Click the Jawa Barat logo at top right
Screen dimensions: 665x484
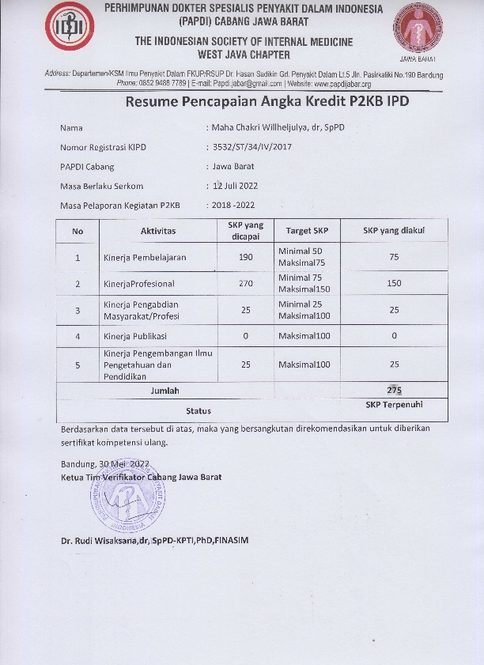click(x=418, y=32)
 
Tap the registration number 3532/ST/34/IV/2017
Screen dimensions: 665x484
click(x=251, y=147)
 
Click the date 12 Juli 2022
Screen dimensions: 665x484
click(x=235, y=186)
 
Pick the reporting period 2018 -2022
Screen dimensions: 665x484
click(x=233, y=206)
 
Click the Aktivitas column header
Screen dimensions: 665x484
click(x=158, y=231)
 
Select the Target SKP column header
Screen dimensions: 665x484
click(x=307, y=231)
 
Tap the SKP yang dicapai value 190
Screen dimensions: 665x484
click(x=245, y=258)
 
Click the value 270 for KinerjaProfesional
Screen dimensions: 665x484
click(x=245, y=283)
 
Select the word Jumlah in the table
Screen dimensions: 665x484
click(x=165, y=391)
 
